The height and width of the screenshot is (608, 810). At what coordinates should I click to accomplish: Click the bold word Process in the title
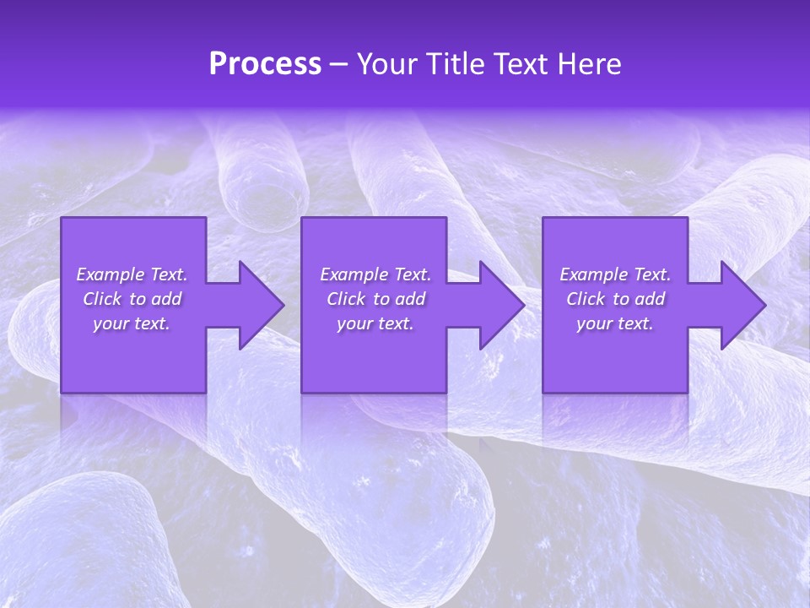[x=265, y=64]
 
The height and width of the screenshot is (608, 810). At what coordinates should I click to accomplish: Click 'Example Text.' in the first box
[x=132, y=274]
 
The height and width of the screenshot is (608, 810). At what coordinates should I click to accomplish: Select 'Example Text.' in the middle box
[x=375, y=274]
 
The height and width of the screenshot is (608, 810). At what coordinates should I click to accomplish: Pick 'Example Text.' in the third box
[x=615, y=274]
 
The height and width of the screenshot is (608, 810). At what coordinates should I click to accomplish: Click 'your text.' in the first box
[x=132, y=323]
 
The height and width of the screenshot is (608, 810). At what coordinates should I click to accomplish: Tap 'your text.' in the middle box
[x=375, y=323]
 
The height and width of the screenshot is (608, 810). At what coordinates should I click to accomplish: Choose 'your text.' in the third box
[x=615, y=323]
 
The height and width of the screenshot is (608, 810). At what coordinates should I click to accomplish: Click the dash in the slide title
[x=338, y=65]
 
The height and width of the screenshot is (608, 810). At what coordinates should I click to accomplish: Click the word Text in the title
[x=520, y=64]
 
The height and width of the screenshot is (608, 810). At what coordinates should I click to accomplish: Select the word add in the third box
[x=650, y=299]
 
